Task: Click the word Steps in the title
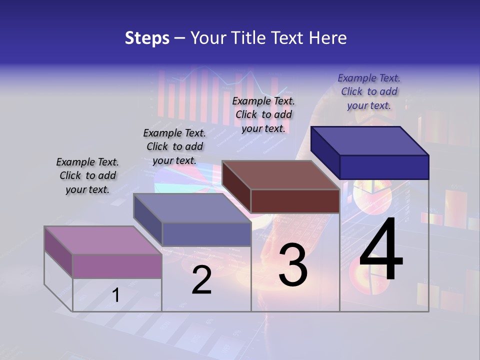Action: pos(147,38)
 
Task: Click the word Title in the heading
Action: pos(249,38)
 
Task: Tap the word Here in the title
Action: pos(327,38)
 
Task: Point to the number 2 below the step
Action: pos(201,280)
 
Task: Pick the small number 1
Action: pos(115,295)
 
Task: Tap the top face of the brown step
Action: pos(280,175)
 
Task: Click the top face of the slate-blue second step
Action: pos(192,208)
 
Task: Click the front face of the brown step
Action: pos(295,201)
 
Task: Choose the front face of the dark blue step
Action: pos(384,167)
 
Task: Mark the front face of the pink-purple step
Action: pos(117,266)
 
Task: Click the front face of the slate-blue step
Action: pos(206,234)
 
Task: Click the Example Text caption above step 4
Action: pos(369,91)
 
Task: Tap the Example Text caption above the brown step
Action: pos(263,114)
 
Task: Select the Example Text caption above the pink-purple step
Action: pos(87,175)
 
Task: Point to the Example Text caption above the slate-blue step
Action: pos(174,146)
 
